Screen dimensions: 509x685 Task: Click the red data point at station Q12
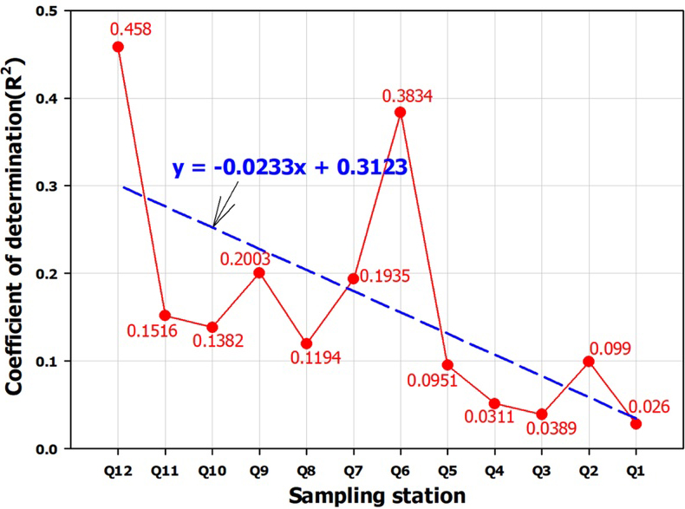click(x=118, y=47)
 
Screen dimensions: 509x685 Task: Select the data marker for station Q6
click(x=400, y=112)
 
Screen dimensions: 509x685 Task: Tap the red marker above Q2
click(x=589, y=361)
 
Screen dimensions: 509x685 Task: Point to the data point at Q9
click(x=258, y=272)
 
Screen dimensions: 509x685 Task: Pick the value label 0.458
click(x=130, y=29)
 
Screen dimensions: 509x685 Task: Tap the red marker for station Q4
click(x=494, y=403)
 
